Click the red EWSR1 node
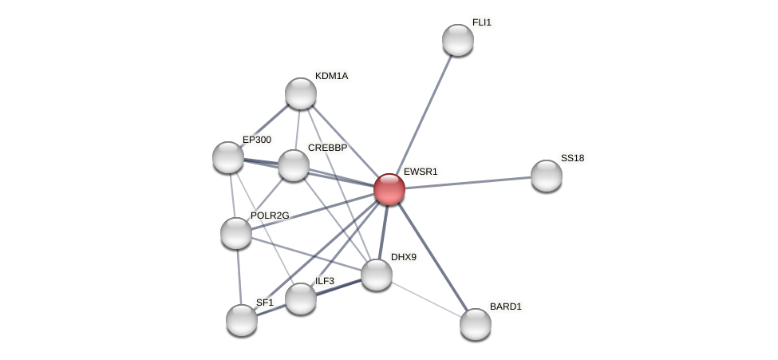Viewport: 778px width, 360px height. [389, 189]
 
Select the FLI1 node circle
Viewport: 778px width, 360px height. [458, 40]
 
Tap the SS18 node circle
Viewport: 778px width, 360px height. [547, 176]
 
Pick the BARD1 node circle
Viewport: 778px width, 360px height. [476, 324]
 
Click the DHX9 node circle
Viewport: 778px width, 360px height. [377, 275]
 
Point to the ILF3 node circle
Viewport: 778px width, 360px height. [301, 299]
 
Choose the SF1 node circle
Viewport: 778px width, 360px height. [242, 320]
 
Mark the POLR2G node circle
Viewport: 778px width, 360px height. [236, 233]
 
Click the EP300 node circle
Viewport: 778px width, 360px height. [228, 157]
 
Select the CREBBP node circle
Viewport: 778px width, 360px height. [294, 165]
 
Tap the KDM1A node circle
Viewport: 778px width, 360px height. [301, 93]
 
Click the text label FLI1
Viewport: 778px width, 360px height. [482, 22]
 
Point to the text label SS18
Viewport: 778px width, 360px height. [572, 158]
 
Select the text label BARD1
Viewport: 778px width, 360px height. [505, 307]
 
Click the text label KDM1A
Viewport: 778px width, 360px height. [331, 76]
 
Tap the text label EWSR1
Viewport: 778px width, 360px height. [421, 172]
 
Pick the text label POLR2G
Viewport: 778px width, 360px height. [270, 216]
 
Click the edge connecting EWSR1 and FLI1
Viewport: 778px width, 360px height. [424, 114]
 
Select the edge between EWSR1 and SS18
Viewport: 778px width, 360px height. [468, 183]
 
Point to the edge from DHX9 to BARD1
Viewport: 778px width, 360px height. [426, 299]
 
